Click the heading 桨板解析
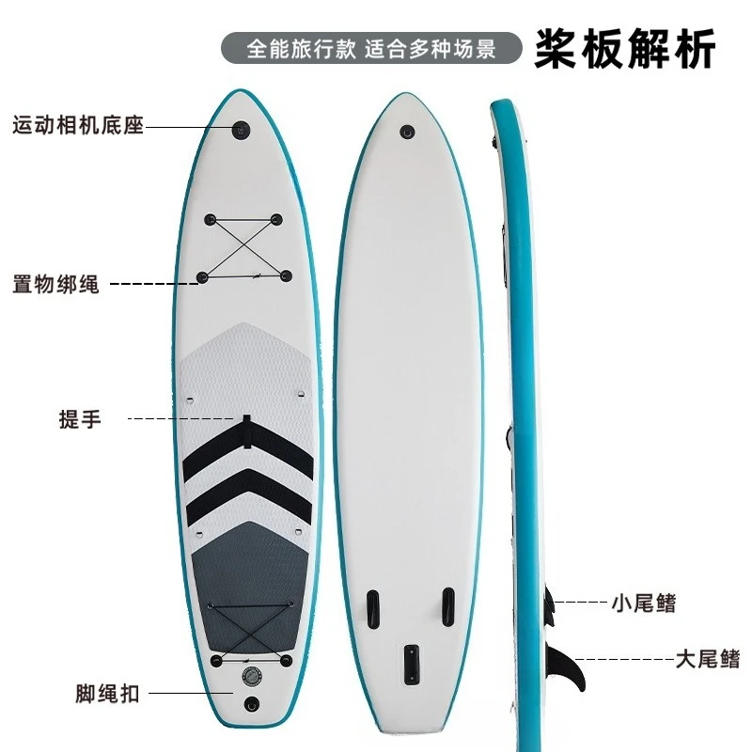(624, 49)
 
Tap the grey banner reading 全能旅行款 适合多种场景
(371, 48)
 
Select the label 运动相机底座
(78, 126)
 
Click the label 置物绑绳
(55, 285)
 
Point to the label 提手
(80, 419)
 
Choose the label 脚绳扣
(107, 694)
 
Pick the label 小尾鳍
(644, 603)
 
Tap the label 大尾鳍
(708, 659)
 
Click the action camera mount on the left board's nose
(242, 130)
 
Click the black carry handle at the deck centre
(246, 432)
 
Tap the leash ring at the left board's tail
(251, 704)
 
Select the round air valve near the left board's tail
(252, 676)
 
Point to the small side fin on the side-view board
(548, 606)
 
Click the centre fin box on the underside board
(412, 665)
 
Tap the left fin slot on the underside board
(373, 609)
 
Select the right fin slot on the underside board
(448, 606)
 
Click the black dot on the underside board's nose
(407, 132)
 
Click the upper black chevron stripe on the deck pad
(248, 448)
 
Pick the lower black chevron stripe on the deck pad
(249, 497)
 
